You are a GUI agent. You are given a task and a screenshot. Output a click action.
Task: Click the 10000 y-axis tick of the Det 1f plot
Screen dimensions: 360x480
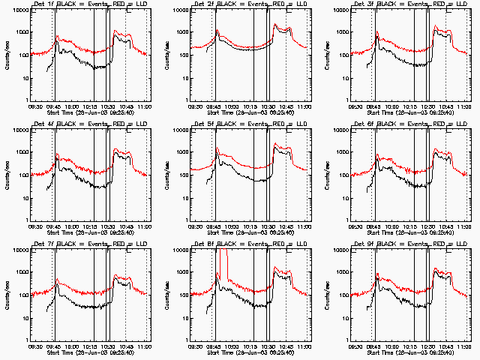16,10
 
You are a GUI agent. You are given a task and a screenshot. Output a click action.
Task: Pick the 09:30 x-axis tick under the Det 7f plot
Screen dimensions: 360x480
35,347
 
